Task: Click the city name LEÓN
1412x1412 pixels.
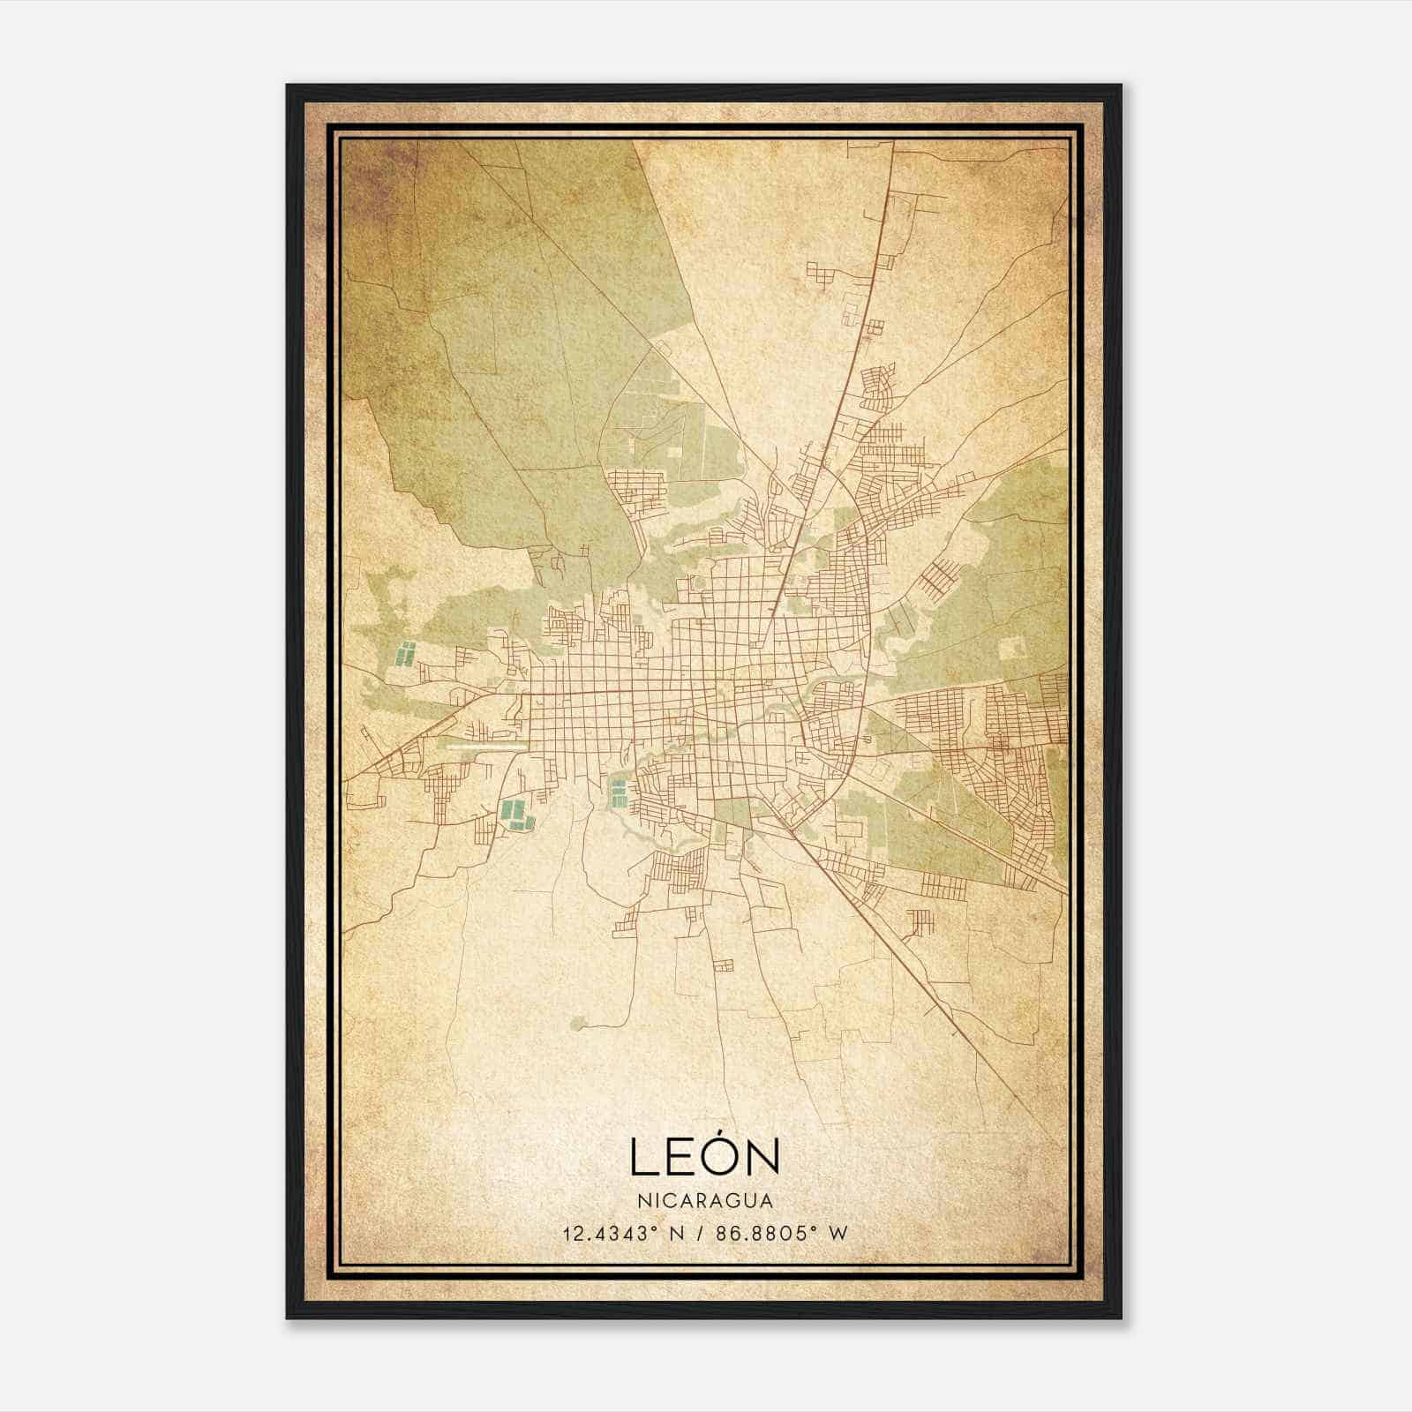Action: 704,1156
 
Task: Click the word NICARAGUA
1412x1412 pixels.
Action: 704,1201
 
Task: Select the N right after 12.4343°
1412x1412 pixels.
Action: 678,1233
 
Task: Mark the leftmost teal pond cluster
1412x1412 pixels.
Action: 406,655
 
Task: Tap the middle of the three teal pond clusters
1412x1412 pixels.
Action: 515,814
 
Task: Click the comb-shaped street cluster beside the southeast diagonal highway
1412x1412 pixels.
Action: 920,922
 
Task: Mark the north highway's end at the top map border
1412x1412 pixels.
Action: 895,141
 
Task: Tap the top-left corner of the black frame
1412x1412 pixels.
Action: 288,86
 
